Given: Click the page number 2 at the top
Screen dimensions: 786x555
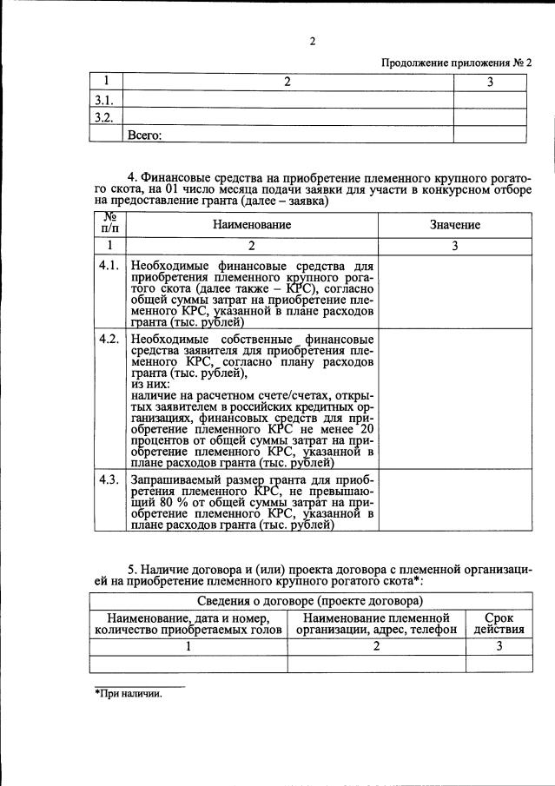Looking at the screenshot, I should pyautogui.click(x=310, y=41).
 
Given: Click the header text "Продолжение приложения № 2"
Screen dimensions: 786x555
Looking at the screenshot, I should pyautogui.click(x=456, y=63).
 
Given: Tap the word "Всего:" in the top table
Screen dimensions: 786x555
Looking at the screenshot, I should pyautogui.click(x=145, y=135).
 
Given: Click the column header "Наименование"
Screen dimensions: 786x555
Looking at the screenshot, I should pyautogui.click(x=252, y=224).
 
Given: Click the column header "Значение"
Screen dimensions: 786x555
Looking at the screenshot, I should pyautogui.click(x=453, y=224).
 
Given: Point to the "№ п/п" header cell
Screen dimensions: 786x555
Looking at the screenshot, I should pyautogui.click(x=109, y=224).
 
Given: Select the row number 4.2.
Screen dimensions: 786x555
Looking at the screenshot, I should pyautogui.click(x=109, y=339).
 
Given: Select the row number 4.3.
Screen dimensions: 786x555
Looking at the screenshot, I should pyautogui.click(x=109, y=479).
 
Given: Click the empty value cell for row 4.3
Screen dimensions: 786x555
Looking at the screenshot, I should pyautogui.click(x=453, y=500).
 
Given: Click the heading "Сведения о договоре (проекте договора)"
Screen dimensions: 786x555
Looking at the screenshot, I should pyautogui.click(x=309, y=600).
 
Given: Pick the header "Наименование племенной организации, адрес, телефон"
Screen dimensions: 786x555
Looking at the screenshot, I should pyautogui.click(x=376, y=623).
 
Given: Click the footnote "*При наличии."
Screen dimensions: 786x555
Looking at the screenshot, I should pyautogui.click(x=128, y=694).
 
